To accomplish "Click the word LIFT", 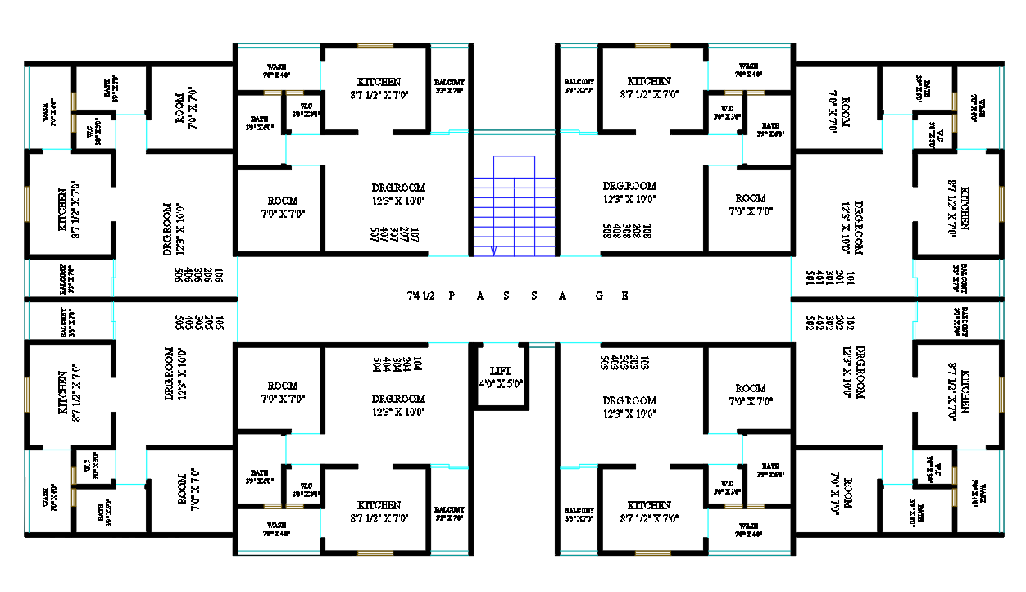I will click(501, 371).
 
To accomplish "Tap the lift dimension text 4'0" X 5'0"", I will click(501, 383).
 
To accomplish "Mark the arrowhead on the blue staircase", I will click(494, 251).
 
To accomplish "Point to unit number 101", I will click(851, 278).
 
